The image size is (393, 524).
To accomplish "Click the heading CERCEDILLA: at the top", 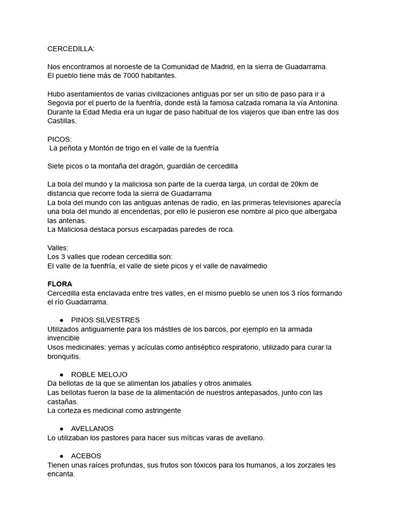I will pos(71,49).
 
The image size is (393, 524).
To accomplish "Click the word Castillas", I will pos(61,121).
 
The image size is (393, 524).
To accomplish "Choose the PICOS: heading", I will pos(60,139).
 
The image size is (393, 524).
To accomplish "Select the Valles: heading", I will pos(58,248).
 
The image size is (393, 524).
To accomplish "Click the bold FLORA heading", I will pos(60,284).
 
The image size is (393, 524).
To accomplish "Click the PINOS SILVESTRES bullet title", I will pos(105,320).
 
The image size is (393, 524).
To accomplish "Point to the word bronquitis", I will pos(64,356).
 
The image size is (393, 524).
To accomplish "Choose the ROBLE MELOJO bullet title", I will pos(99,374).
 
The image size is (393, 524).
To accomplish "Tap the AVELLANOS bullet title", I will pos(93,428).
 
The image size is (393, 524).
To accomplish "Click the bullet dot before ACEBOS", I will pos(61,455).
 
